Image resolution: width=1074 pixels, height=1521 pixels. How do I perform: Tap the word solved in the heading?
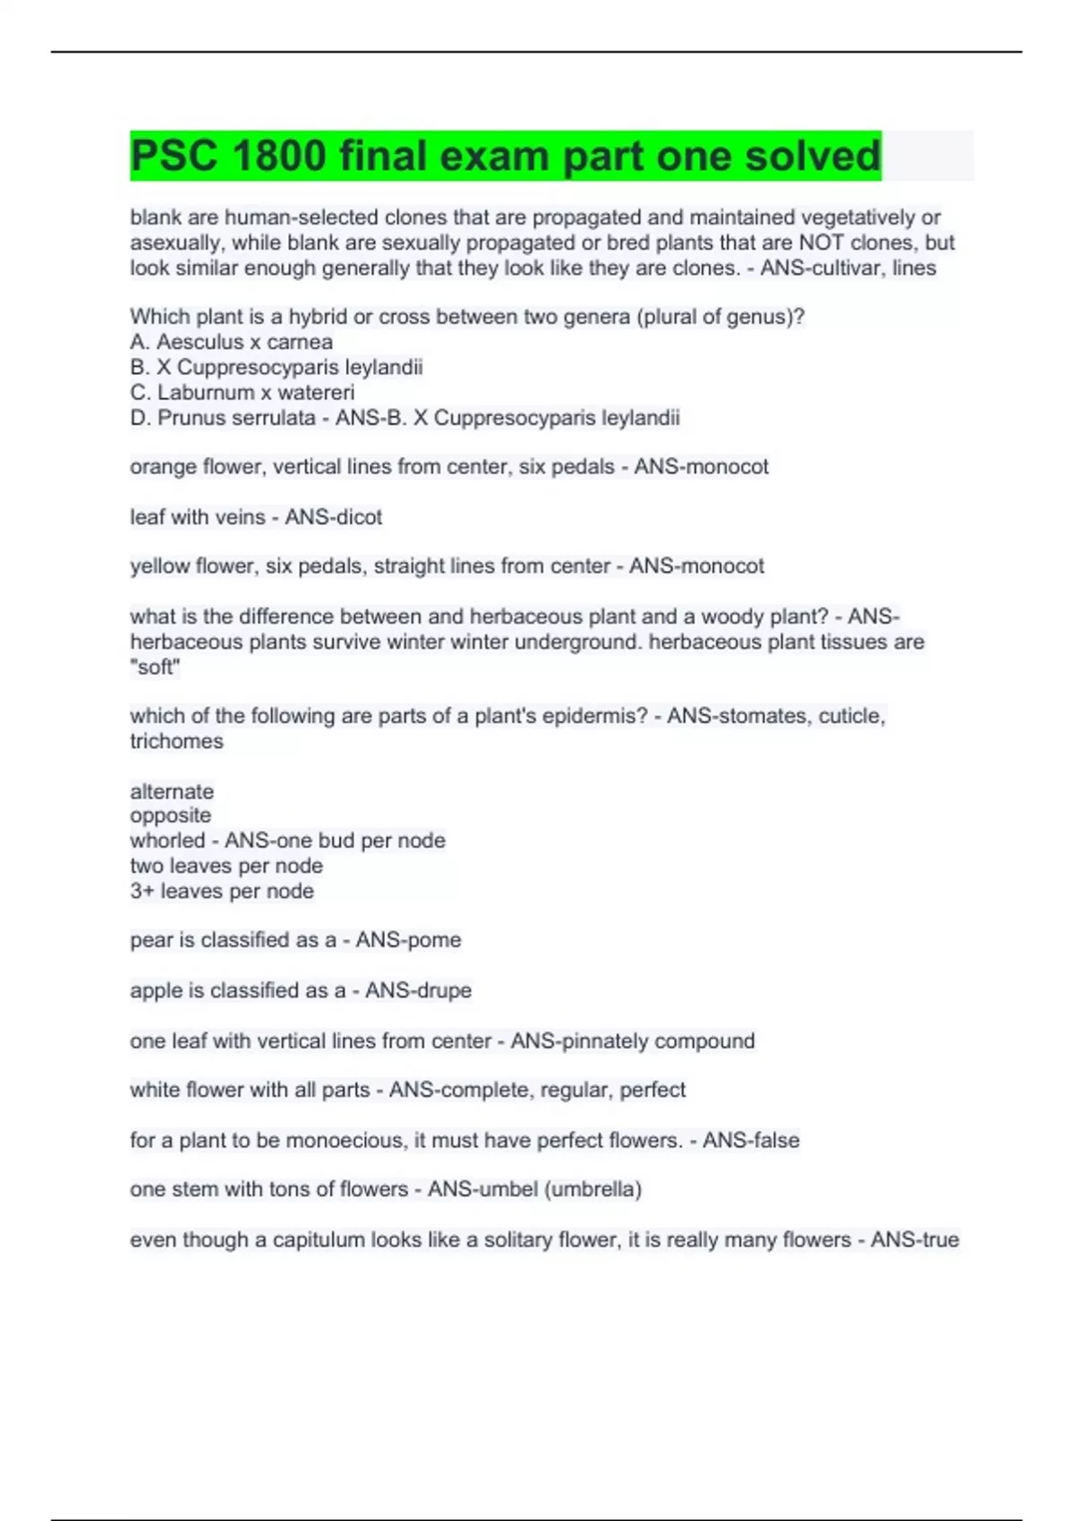[x=813, y=157]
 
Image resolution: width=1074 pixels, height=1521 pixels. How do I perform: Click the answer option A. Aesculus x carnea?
[x=231, y=342]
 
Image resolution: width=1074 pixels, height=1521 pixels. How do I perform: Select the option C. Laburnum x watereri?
[x=242, y=392]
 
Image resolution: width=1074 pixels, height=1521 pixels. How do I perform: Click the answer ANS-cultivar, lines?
[x=848, y=268]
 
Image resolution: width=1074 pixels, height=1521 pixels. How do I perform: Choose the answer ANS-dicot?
[x=333, y=516]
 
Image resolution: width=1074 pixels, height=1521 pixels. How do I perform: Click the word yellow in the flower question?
[x=159, y=565]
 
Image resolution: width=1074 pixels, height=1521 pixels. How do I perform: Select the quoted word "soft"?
[x=155, y=667]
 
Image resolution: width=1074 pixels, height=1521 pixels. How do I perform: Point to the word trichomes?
[x=176, y=741]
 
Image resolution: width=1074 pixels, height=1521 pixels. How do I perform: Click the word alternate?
[x=172, y=791]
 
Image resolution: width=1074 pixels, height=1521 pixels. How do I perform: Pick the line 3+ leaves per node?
[x=222, y=891]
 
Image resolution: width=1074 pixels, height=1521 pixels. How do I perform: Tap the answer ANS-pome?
[x=408, y=939]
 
